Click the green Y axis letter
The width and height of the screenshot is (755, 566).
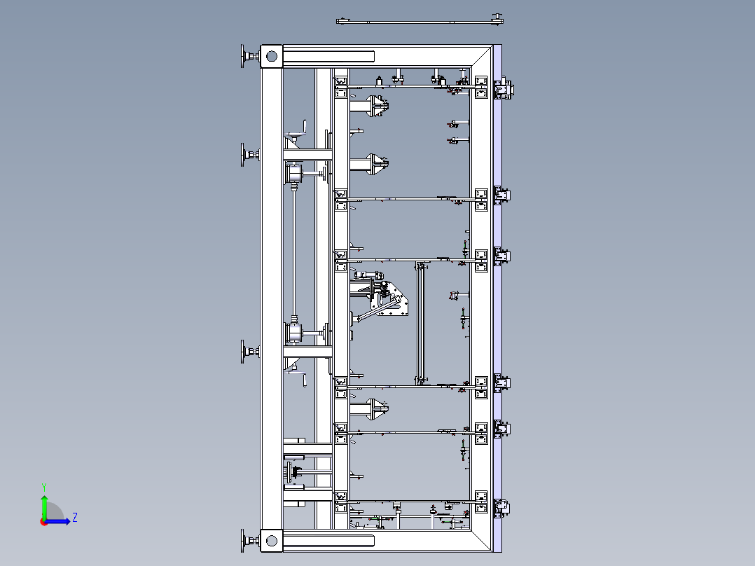(44, 487)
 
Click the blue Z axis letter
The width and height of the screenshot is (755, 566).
(75, 518)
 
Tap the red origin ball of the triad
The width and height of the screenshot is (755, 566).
(44, 522)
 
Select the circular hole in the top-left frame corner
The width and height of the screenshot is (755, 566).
(272, 56)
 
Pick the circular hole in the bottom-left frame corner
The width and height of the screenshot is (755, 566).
(272, 541)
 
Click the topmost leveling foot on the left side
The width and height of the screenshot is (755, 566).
(250, 56)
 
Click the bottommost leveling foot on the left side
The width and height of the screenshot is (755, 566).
(250, 541)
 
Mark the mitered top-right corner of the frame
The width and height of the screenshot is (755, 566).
(482, 56)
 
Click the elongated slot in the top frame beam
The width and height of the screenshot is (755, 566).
(329, 56)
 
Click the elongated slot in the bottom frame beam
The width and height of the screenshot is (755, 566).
(329, 541)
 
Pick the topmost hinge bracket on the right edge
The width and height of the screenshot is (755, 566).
(504, 89)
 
